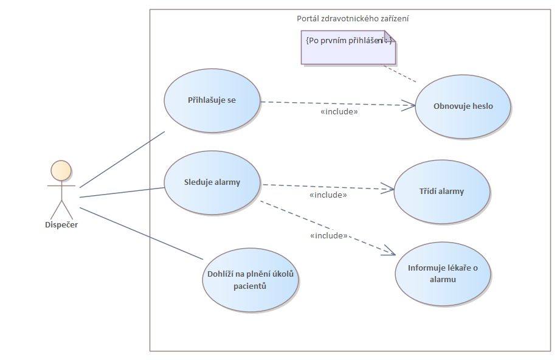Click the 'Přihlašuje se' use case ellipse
click(212, 100)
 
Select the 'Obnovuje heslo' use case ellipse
click(463, 106)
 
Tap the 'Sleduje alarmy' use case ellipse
click(212, 182)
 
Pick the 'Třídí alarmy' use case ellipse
click(441, 192)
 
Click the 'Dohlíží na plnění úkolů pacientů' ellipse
click(250, 280)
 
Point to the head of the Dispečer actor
click(61, 170)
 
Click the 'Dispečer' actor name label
click(61, 225)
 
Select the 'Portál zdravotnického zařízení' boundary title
click(353, 19)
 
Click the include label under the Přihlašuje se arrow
click(339, 112)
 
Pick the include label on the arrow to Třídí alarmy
click(328, 195)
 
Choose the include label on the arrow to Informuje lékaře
click(328, 235)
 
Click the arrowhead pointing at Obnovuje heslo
click(412, 106)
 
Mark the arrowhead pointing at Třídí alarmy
click(390, 190)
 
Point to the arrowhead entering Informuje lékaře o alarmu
click(392, 252)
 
